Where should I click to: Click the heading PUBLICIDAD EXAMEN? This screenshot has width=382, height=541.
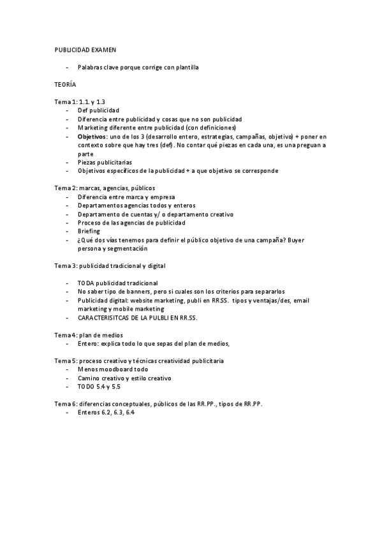coord(85,48)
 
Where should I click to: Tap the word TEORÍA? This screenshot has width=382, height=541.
coord(64,84)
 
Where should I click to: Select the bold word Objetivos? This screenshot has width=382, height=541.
coord(92,137)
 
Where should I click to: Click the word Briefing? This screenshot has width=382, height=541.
coord(89,232)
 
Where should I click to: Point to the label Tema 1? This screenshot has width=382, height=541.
coord(64,101)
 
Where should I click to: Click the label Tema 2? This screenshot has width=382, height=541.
coord(64,188)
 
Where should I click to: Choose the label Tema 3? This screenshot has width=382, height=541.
coord(64,265)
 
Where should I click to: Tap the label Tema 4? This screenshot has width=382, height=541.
coord(64,334)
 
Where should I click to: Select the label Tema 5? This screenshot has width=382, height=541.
coord(64,360)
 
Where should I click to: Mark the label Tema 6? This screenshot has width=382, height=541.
coord(64,404)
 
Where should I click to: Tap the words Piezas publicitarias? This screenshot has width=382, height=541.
coord(105,162)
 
